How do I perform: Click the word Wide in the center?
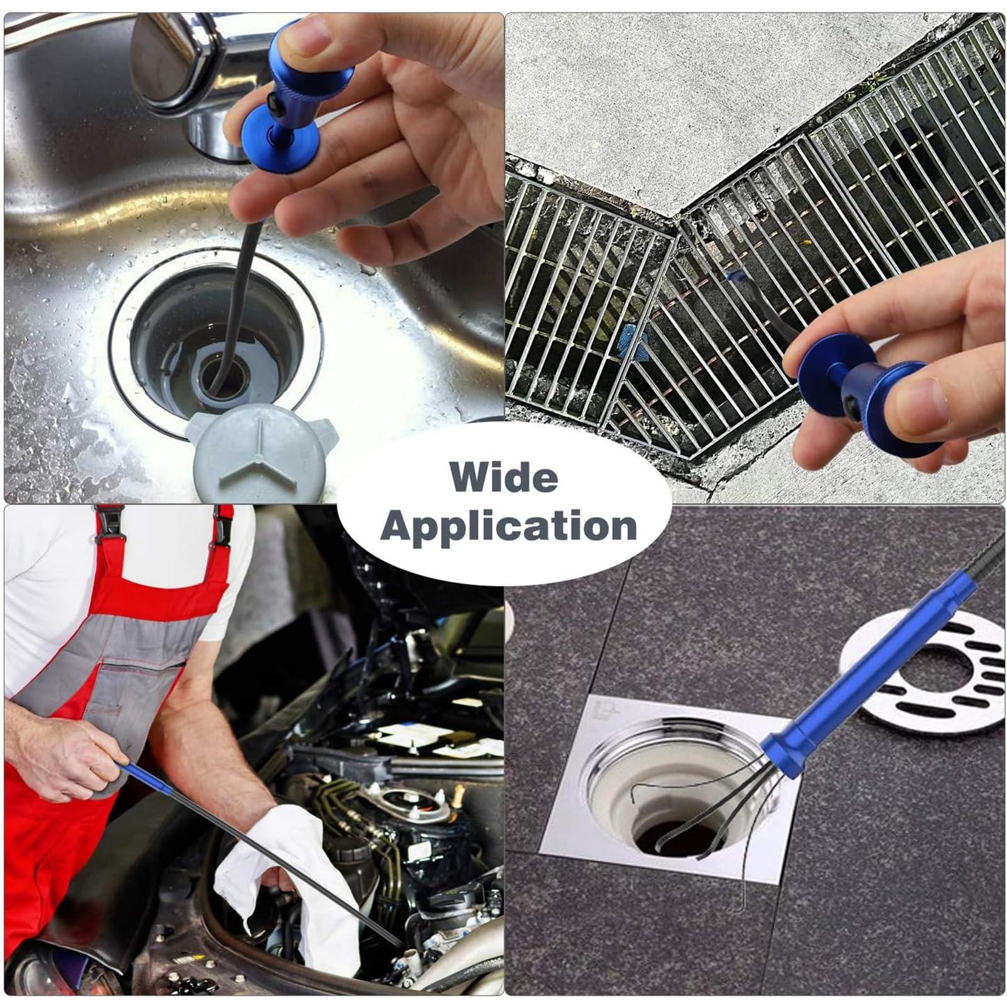click(504, 478)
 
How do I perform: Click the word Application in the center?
click(509, 526)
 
